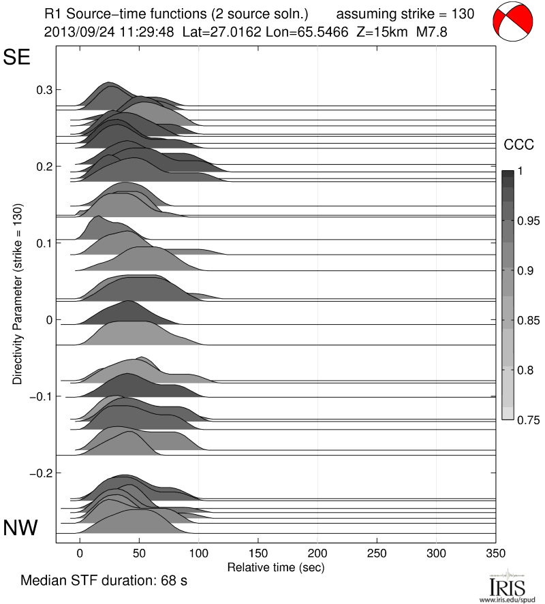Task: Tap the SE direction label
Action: point(17,57)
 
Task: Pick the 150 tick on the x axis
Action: point(258,553)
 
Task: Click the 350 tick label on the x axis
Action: point(495,553)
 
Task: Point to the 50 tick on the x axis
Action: point(139,553)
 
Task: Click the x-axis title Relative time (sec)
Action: point(275,567)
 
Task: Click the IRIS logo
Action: point(507,586)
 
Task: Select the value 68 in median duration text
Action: point(161,582)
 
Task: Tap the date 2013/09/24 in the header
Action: point(74,31)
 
